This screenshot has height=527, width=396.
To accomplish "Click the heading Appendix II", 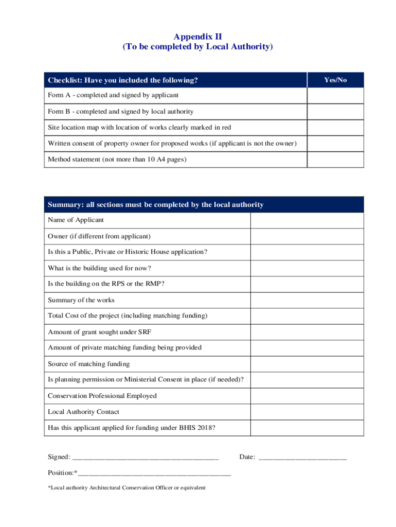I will click(198, 37).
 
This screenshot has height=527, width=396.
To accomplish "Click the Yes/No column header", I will click(335, 80).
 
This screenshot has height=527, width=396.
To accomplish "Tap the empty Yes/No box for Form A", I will click(335, 96).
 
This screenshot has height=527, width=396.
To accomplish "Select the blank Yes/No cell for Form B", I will click(335, 112).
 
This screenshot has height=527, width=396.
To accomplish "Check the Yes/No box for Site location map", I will click(335, 128).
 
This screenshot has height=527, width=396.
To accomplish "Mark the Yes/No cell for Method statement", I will click(335, 160).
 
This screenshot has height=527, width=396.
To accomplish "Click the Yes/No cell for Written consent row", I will click(335, 144).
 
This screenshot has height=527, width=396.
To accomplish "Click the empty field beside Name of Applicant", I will click(307, 220).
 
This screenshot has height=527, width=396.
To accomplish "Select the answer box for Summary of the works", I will click(307, 300).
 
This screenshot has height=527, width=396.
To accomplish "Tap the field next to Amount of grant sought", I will click(307, 332).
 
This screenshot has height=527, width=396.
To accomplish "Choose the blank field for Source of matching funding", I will click(307, 364).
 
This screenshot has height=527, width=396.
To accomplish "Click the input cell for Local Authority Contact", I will click(307, 412).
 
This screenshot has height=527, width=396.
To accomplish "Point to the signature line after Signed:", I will click(146, 458).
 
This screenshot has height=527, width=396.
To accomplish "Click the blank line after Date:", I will click(302, 458).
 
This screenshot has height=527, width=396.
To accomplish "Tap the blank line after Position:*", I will click(154, 473).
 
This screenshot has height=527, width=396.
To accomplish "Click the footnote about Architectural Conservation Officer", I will click(127, 488).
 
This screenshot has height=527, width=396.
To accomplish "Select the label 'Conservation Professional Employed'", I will click(102, 396).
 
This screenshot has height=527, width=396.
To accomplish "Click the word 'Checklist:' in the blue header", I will click(65, 80).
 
